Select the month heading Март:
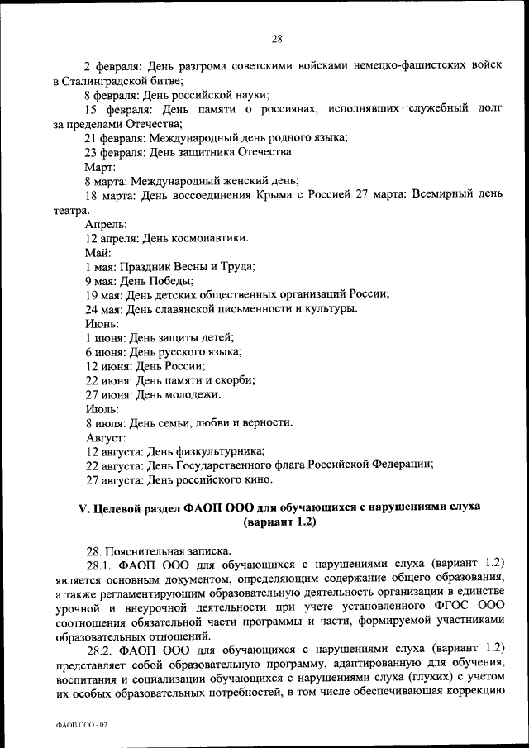pos(100,166)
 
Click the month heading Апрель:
pos(105,224)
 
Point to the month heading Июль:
pos(102,408)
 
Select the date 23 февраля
pos(113,152)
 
